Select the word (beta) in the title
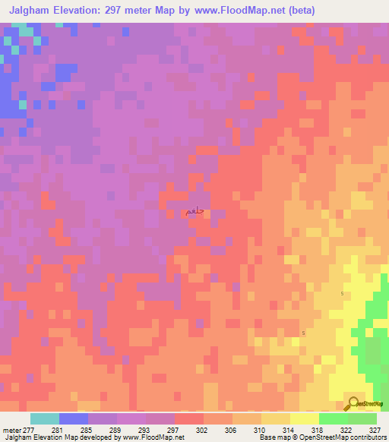click(299, 11)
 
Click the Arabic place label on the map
click(195, 212)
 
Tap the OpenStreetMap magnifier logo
click(353, 404)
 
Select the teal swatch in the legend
click(45, 418)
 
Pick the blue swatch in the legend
click(74, 418)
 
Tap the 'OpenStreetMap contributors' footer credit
click(342, 437)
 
